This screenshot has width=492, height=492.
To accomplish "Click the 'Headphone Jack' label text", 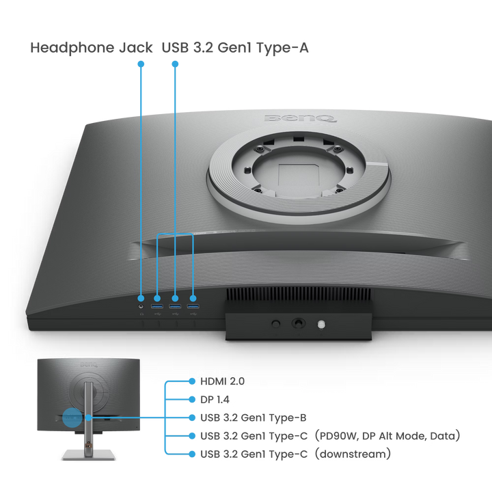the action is click(x=92, y=48).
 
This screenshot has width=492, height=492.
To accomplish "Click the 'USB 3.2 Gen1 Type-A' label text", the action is click(x=235, y=48).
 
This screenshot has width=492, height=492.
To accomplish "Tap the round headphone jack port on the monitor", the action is click(x=141, y=306).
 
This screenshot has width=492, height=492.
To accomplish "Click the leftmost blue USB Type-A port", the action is click(x=157, y=306).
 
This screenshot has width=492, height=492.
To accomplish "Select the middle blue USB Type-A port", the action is click(x=175, y=306).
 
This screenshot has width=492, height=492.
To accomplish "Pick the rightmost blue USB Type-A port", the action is click(x=193, y=306).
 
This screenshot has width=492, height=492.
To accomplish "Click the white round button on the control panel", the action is click(x=321, y=324).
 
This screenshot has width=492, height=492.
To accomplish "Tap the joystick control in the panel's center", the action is click(x=298, y=323).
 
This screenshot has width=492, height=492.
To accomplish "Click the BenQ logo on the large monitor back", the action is click(x=300, y=119).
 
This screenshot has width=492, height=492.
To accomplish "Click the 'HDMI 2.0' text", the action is click(x=223, y=381).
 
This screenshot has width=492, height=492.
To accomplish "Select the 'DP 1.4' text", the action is click(x=215, y=400).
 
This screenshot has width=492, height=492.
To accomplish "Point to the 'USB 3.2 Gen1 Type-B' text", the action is click(x=254, y=418).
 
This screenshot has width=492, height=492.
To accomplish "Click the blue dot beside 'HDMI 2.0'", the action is click(x=192, y=381).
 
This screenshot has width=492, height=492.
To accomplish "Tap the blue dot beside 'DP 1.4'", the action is click(x=192, y=400).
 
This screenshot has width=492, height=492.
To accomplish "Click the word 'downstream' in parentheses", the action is click(x=353, y=454).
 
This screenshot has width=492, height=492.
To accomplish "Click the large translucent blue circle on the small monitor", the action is click(x=72, y=418).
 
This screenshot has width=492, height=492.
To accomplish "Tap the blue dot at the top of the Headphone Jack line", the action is click(x=141, y=64).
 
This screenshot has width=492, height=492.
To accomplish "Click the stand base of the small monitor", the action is click(x=89, y=454).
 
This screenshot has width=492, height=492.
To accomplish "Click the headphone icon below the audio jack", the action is click(x=141, y=314).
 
